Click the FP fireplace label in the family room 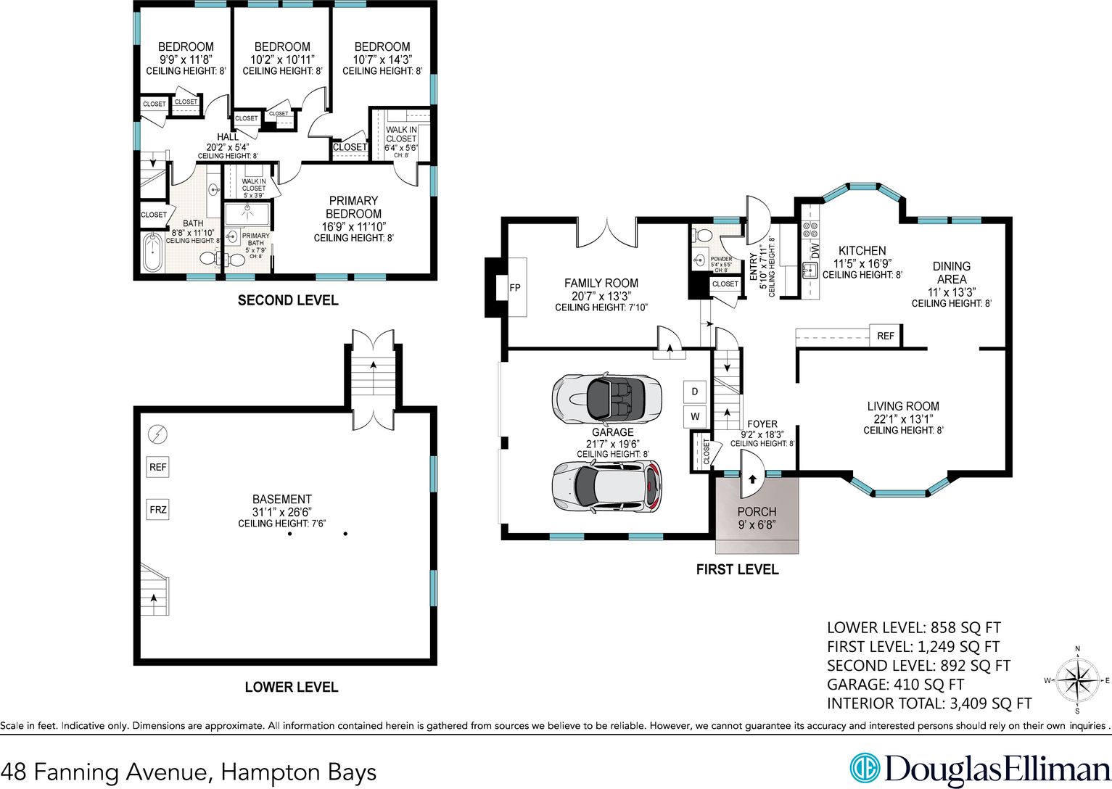515,287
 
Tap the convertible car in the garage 606,398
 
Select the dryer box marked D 694,392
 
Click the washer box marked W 694,416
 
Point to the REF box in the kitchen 885,336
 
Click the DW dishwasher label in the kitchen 815,251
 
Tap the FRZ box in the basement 158,510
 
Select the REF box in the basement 158,467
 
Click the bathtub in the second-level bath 152,253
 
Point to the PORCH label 757,511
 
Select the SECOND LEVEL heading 288,300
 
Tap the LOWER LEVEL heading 292,687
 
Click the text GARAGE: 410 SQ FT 895,685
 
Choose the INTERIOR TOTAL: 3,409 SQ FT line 929,703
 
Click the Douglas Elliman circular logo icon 865,768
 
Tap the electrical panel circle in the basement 158,434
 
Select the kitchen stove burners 810,229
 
